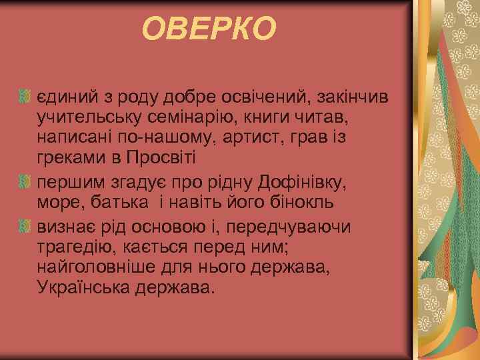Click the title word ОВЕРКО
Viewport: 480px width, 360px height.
[209, 29]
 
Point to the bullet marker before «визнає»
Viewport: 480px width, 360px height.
[26, 227]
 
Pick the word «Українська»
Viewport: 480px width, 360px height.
[78, 290]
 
